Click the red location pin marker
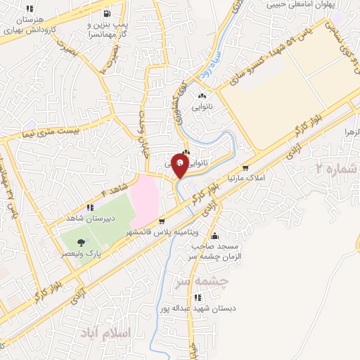click(181, 166)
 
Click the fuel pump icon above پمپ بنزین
click(105, 13)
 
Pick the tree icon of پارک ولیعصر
click(81, 243)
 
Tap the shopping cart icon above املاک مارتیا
click(245, 168)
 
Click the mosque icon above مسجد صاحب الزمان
click(214, 236)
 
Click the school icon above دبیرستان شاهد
click(90, 207)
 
